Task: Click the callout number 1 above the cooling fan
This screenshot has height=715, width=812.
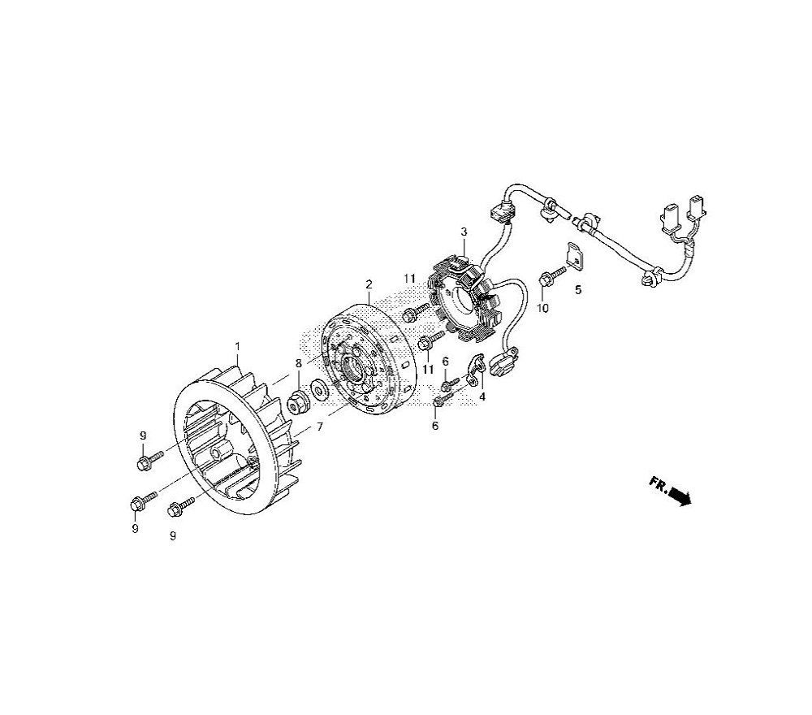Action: pyautogui.click(x=238, y=345)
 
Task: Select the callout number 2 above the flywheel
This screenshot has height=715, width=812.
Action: pyautogui.click(x=369, y=284)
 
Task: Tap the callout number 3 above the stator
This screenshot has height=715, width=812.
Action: pyautogui.click(x=464, y=232)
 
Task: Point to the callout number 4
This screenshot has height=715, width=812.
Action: pyautogui.click(x=482, y=397)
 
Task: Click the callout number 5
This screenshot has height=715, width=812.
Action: pyautogui.click(x=578, y=290)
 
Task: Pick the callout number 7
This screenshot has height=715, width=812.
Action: pyautogui.click(x=320, y=427)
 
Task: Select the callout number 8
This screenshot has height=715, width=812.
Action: pyautogui.click(x=298, y=364)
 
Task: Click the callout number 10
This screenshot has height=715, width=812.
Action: pyautogui.click(x=542, y=308)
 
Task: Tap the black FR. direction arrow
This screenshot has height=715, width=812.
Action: pyautogui.click(x=680, y=496)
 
